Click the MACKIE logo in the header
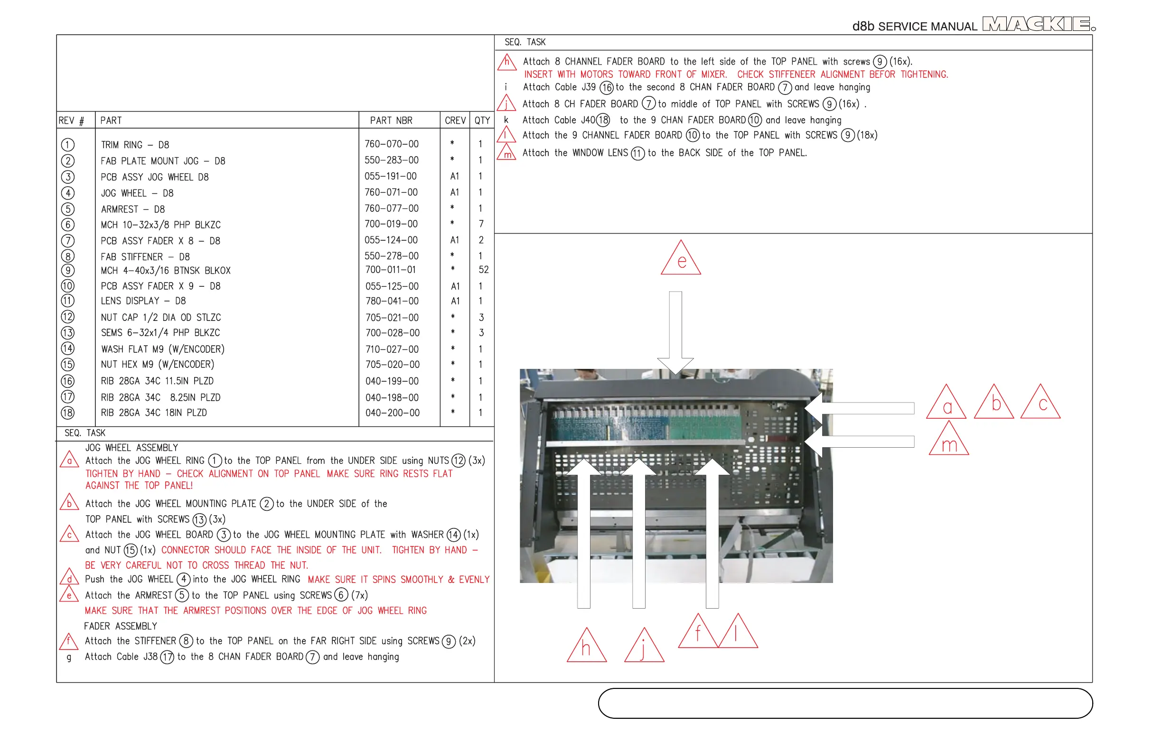pyautogui.click(x=1038, y=24)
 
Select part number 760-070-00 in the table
pyautogui.click(x=392, y=144)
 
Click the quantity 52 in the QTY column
pyautogui.click(x=483, y=270)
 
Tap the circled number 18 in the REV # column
pyautogui.click(x=68, y=413)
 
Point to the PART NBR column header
pyautogui.click(x=391, y=121)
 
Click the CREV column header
pyautogui.click(x=455, y=121)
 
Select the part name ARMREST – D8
pyautogui.click(x=133, y=209)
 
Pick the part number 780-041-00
pyautogui.click(x=392, y=301)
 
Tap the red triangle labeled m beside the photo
pyautogui.click(x=949, y=442)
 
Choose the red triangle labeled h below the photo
pyautogui.click(x=586, y=647)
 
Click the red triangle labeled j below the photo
pyautogui.click(x=644, y=647)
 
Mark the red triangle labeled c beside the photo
pyautogui.click(x=1040, y=404)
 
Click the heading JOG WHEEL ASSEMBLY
pyautogui.click(x=132, y=448)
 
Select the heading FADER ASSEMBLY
pyautogui.click(x=121, y=626)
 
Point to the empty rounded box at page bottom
pyautogui.click(x=845, y=703)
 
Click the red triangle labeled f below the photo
pyautogui.click(x=698, y=633)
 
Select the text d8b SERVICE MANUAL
pyautogui.click(x=914, y=27)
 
